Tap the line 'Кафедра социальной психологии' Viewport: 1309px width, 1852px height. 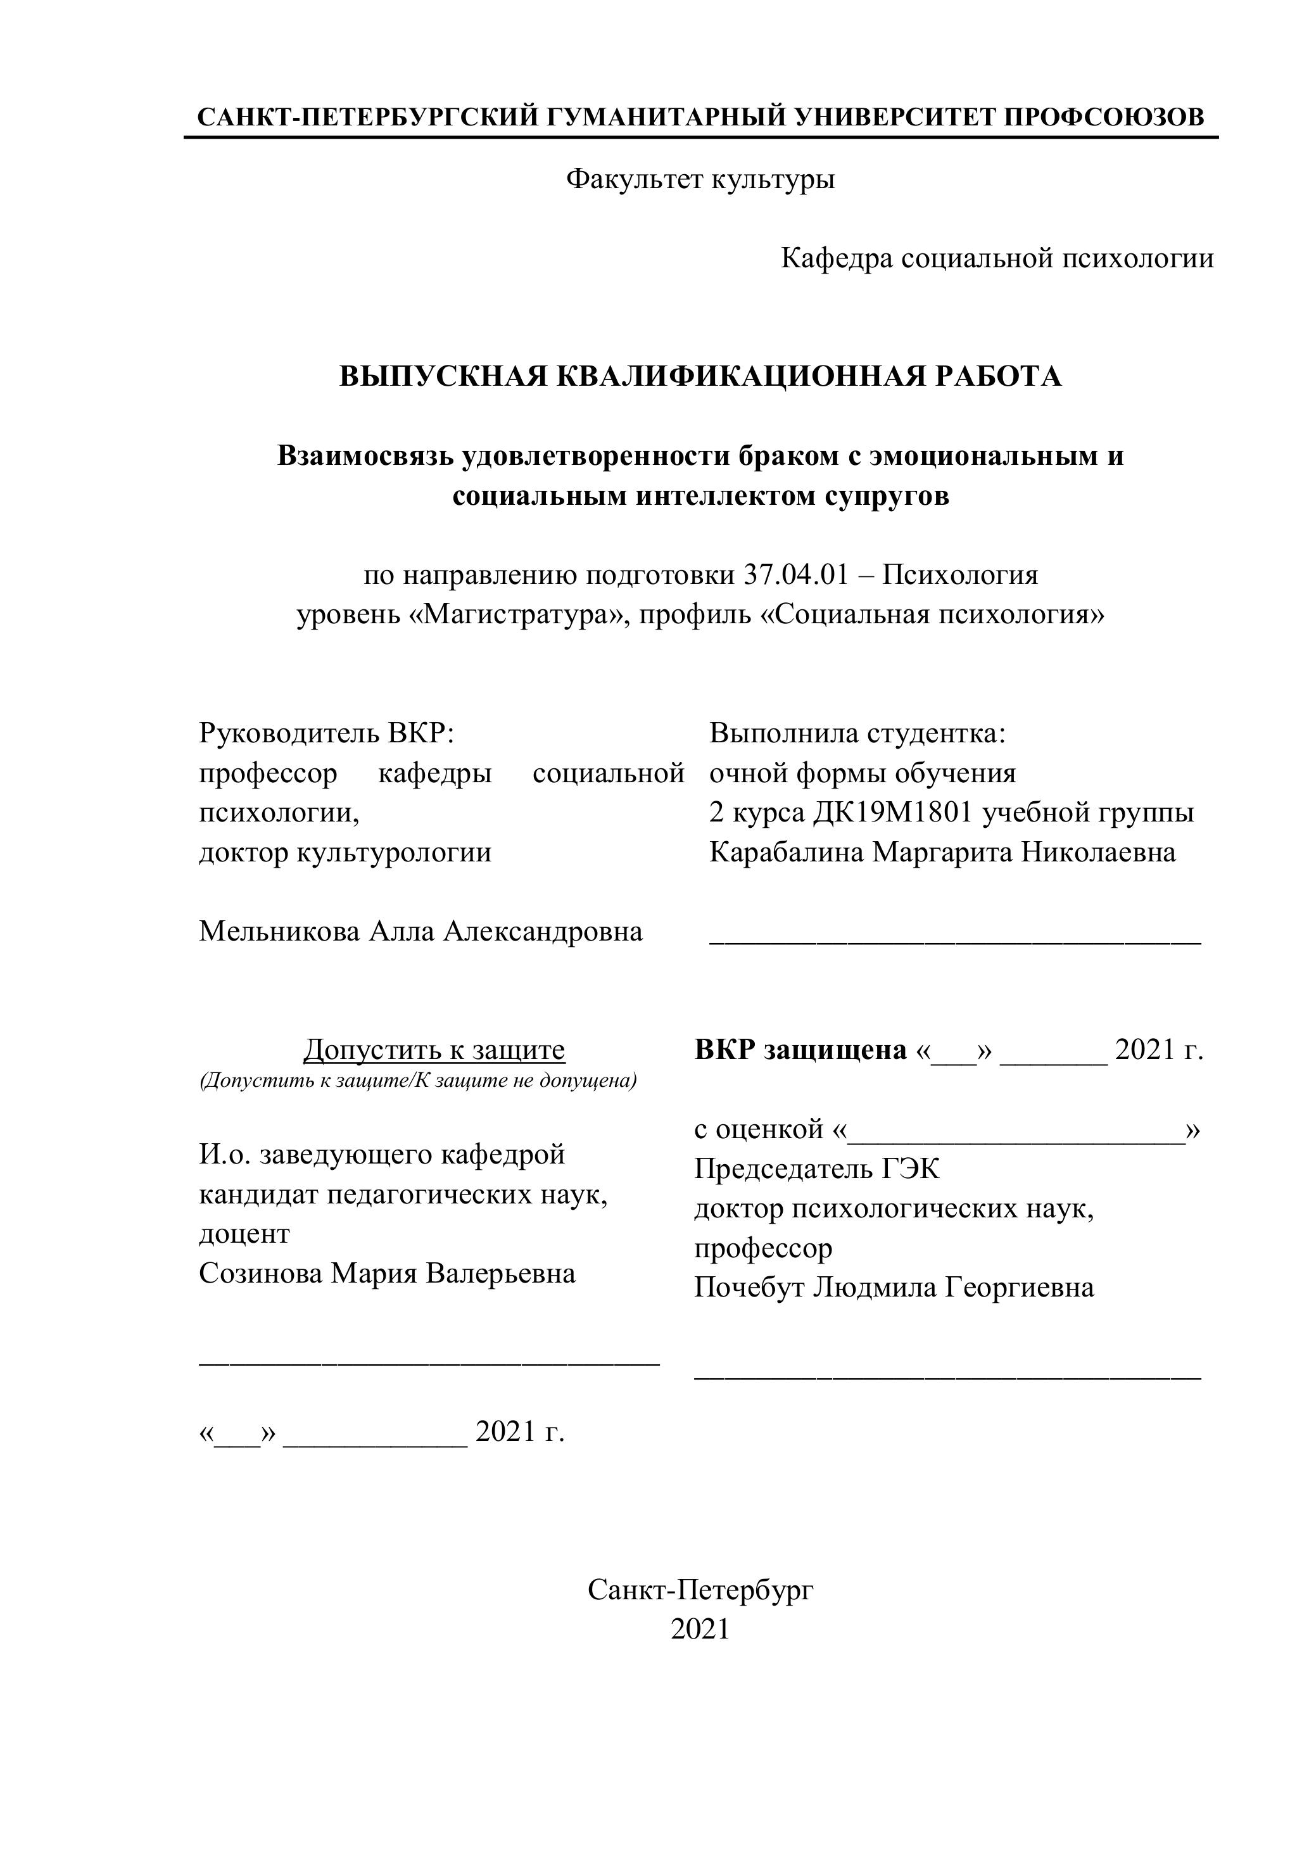[997, 258]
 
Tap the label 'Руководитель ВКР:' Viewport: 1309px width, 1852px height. [327, 733]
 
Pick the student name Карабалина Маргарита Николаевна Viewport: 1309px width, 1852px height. [942, 852]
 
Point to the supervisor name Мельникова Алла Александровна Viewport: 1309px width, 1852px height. [421, 931]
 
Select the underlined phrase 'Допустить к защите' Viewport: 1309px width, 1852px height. [434, 1050]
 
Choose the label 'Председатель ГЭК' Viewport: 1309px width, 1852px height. [816, 1169]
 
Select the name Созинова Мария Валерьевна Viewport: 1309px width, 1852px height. [387, 1273]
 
